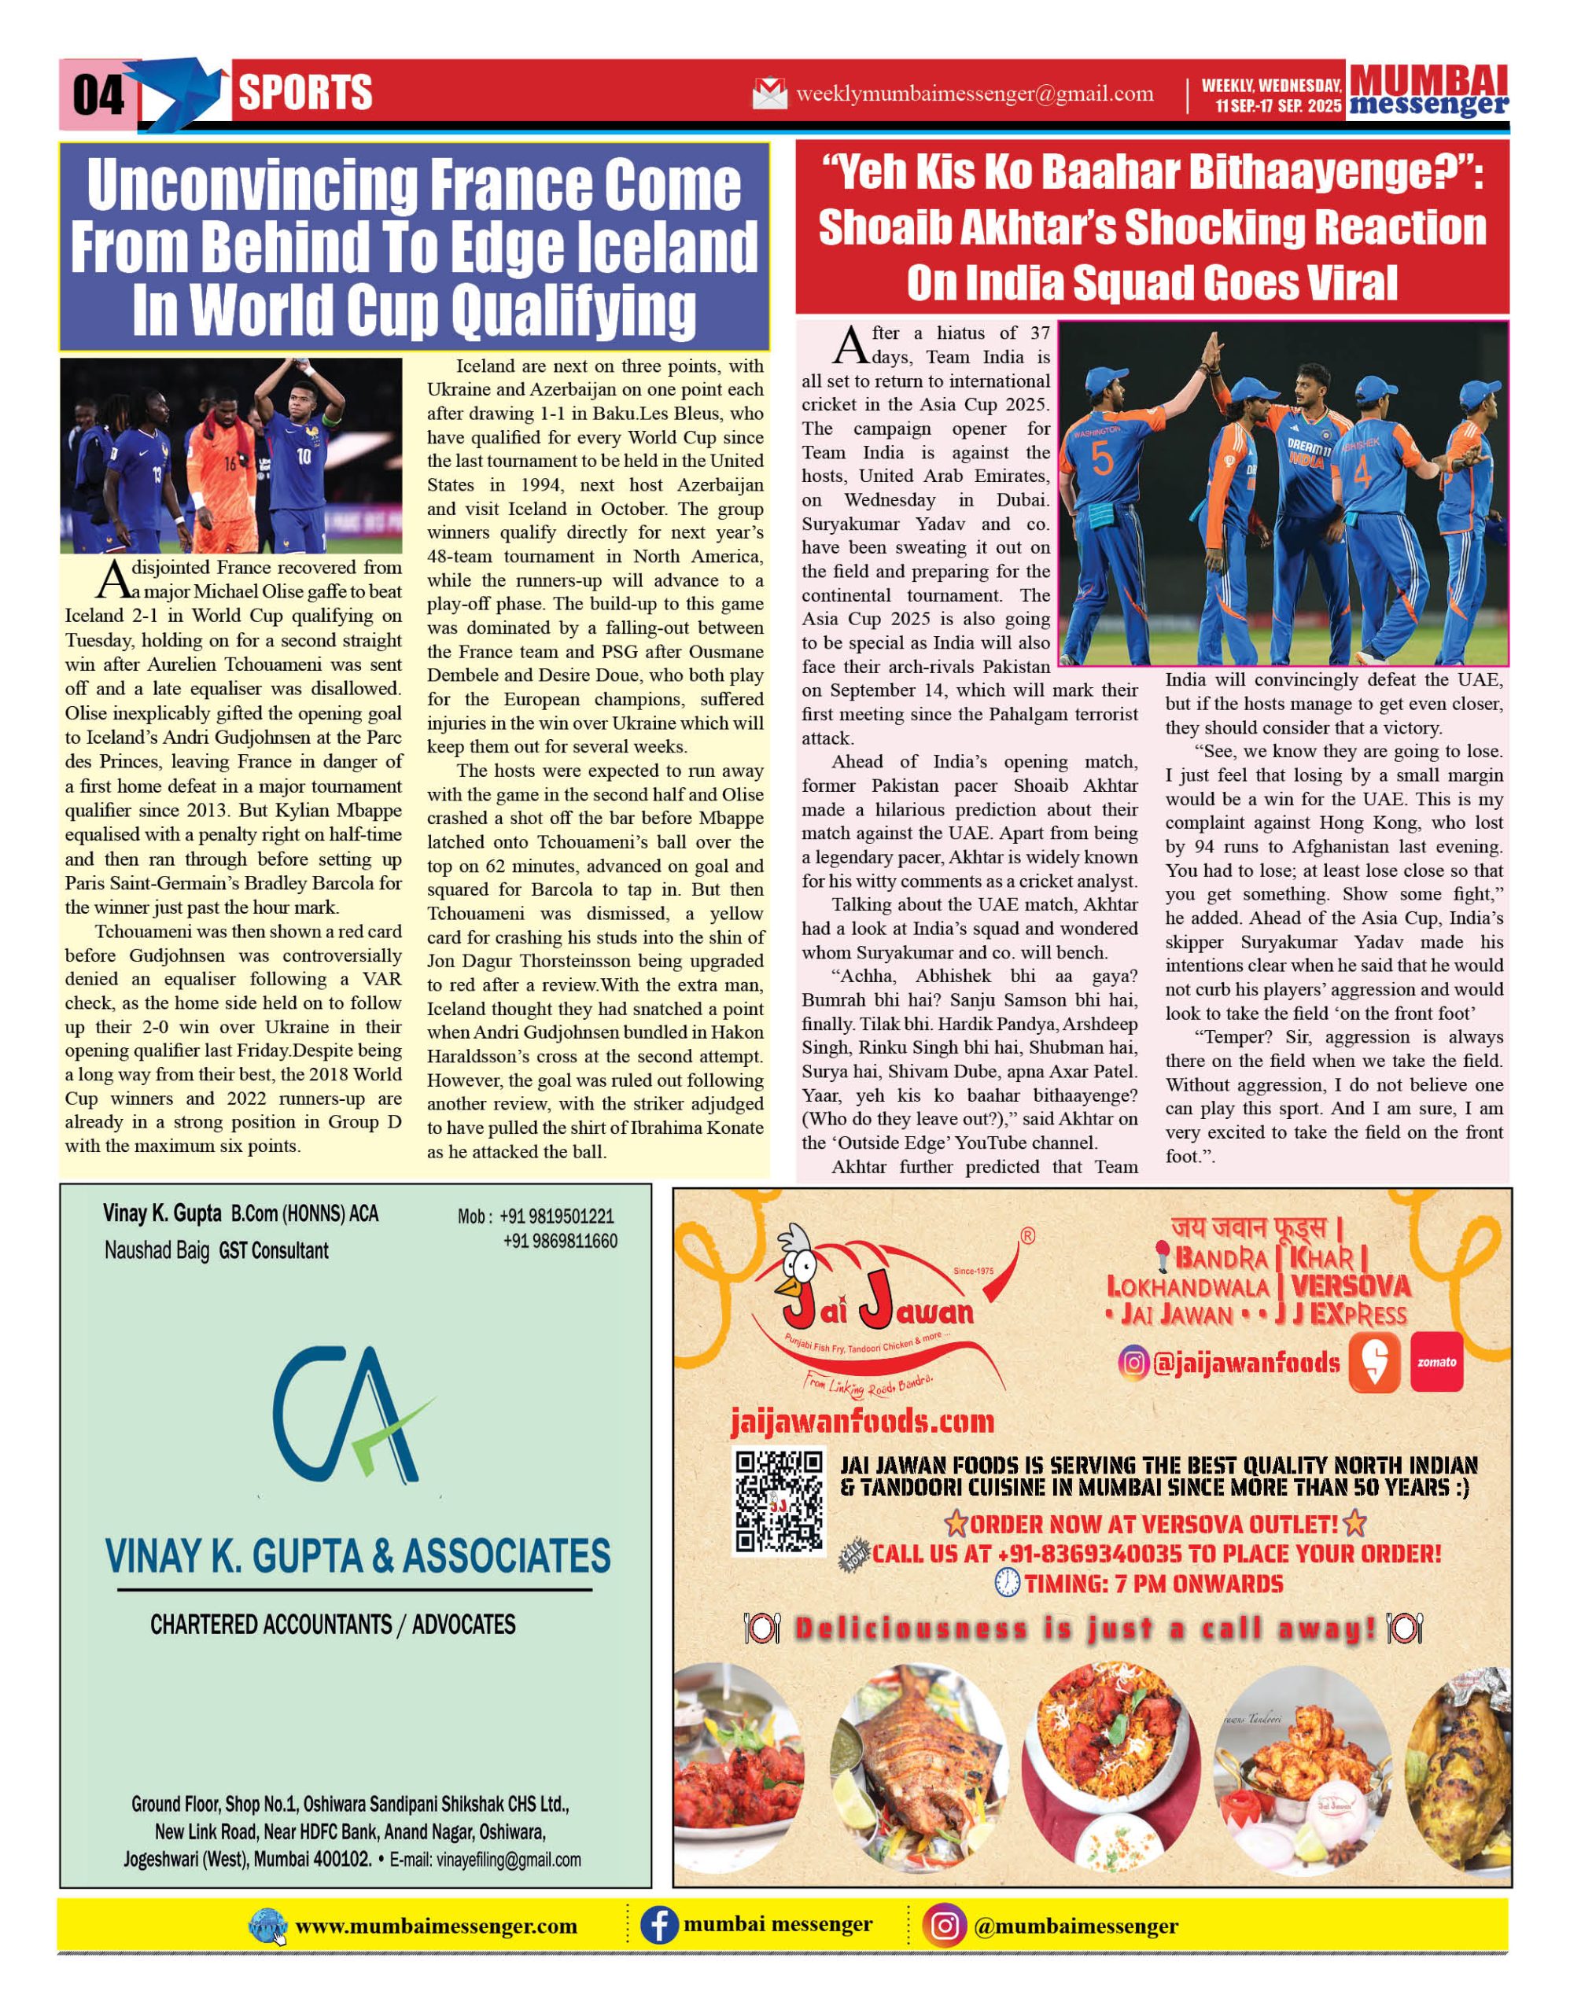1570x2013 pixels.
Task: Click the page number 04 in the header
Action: click(98, 94)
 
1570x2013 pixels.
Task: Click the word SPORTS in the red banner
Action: click(305, 93)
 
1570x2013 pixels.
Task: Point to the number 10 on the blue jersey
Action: click(304, 455)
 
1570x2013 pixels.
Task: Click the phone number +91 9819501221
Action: click(556, 1216)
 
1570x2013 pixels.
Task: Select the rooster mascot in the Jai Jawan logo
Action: click(799, 1263)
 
